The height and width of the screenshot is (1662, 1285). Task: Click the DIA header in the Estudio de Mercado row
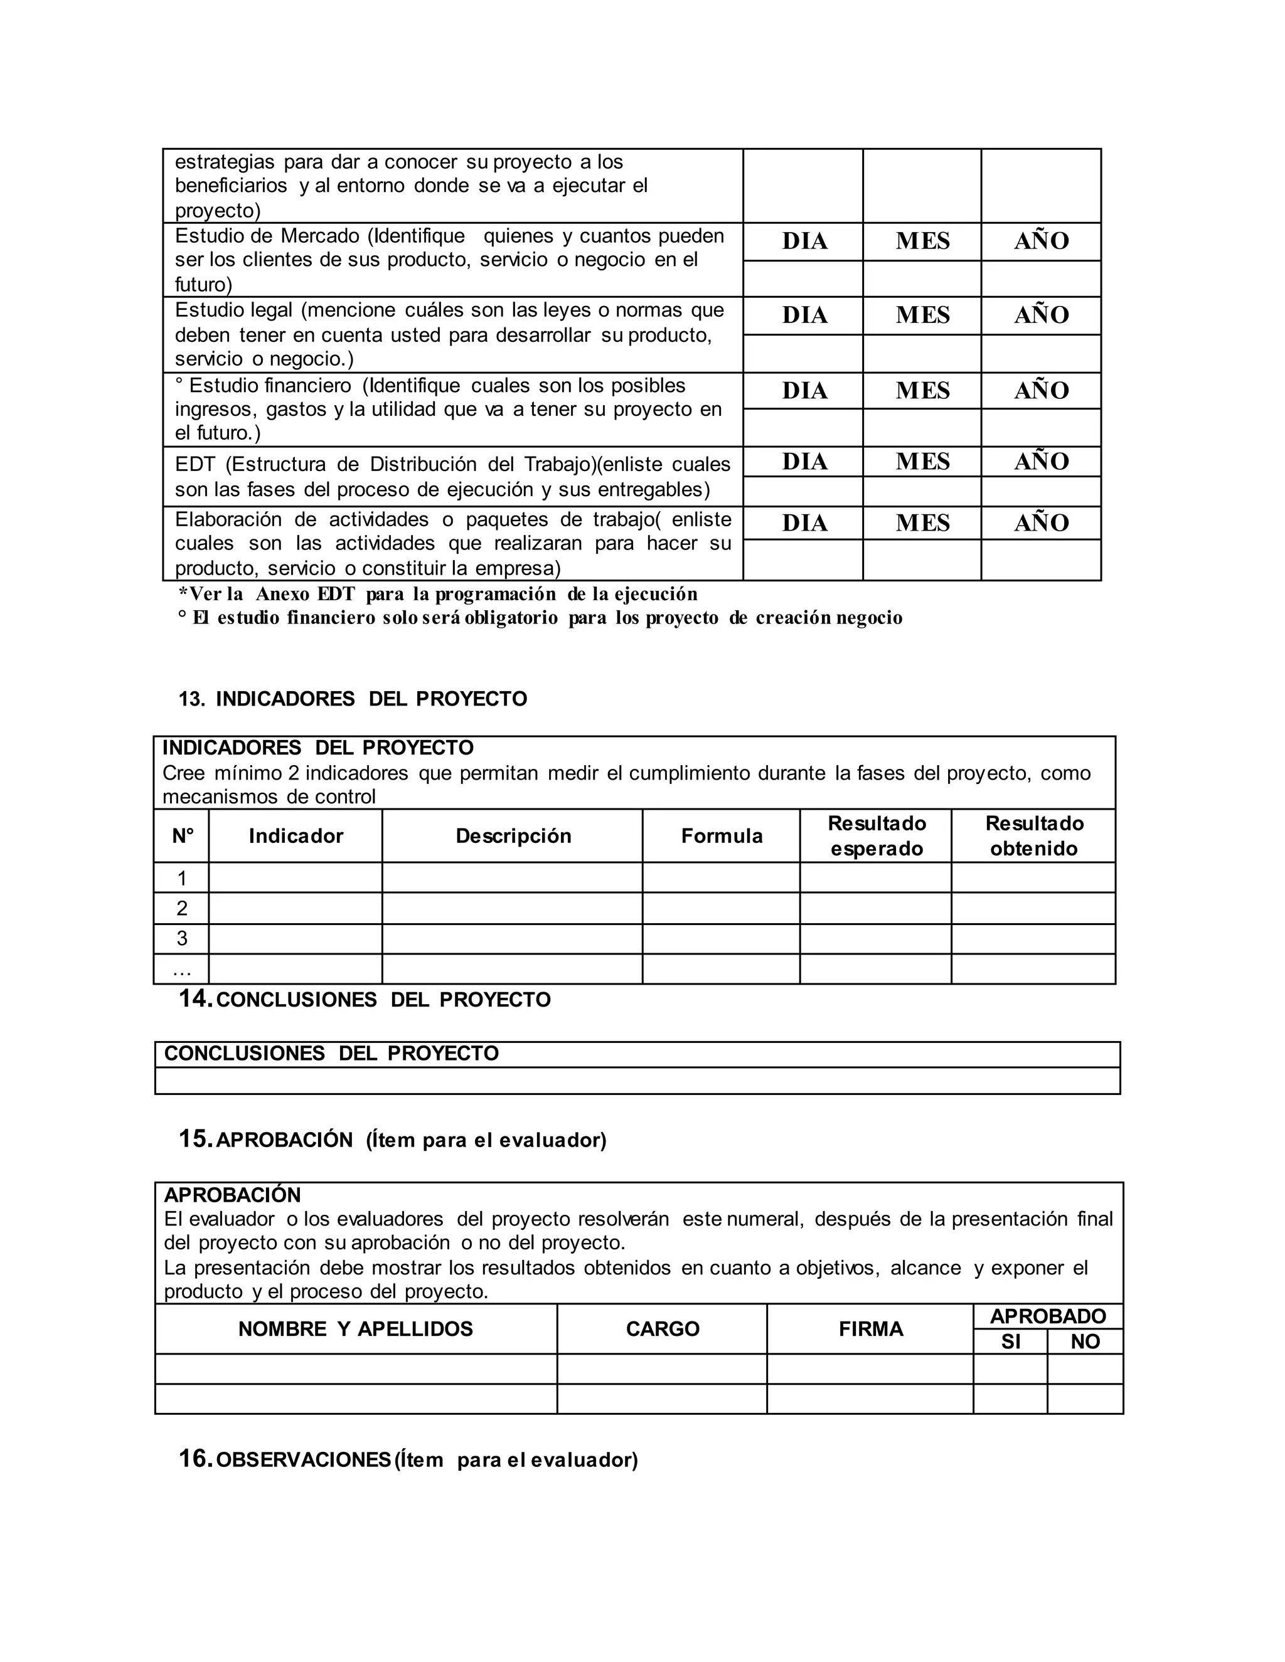point(804,241)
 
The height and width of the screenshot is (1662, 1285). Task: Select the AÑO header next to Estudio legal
point(1041,315)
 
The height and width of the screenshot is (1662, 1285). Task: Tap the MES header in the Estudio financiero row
point(922,390)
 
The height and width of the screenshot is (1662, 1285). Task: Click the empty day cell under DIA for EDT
point(803,492)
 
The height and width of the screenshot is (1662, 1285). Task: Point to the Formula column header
point(721,836)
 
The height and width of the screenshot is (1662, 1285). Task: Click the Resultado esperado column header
point(876,836)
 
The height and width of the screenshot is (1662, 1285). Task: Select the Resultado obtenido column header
point(1033,836)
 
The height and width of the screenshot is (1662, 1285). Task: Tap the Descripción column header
point(513,836)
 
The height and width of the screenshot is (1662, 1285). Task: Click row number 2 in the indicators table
point(182,909)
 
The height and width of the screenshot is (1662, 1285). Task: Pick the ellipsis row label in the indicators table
point(182,970)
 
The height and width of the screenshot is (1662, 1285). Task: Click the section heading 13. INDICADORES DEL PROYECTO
point(353,699)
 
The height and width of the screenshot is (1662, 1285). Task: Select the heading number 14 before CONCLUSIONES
point(195,999)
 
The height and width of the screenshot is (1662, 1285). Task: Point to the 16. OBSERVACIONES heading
point(408,1459)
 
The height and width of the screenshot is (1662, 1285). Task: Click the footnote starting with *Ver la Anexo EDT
point(438,595)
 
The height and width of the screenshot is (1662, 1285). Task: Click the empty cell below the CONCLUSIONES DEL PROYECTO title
point(637,1081)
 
